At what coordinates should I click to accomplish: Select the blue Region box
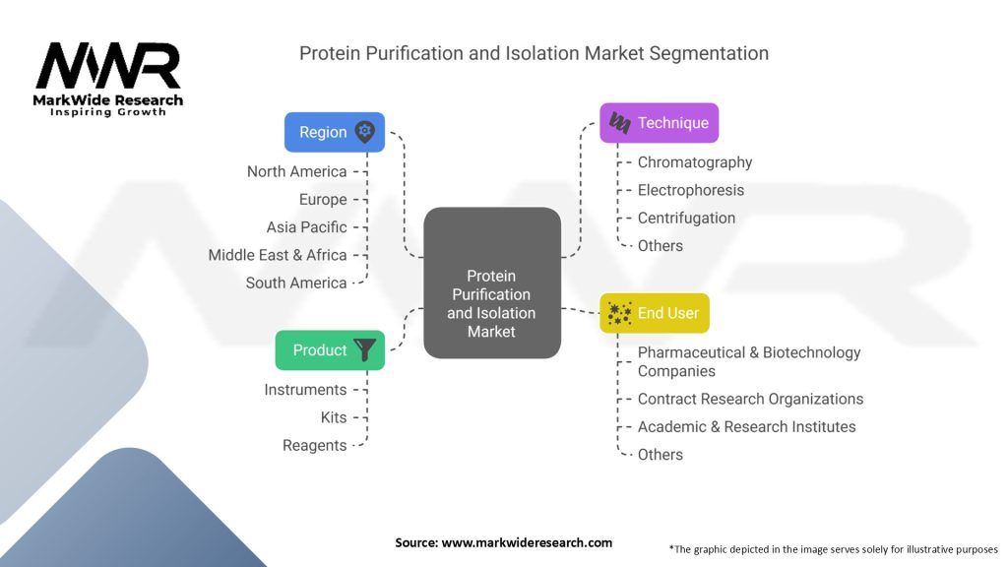(x=334, y=132)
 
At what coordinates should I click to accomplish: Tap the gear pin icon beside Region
(x=365, y=131)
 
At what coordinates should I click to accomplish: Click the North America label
(x=296, y=171)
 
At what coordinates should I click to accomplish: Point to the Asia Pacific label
(x=306, y=227)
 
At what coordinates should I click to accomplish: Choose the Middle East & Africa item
(x=278, y=255)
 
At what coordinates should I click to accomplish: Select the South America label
(x=296, y=283)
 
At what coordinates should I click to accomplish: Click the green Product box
(x=330, y=349)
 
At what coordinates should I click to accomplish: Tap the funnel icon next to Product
(x=365, y=349)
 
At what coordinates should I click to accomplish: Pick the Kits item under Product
(x=334, y=417)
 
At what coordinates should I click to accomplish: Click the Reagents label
(x=314, y=445)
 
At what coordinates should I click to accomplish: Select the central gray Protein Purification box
(x=491, y=283)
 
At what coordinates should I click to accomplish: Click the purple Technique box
(x=659, y=123)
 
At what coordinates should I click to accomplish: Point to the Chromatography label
(x=694, y=162)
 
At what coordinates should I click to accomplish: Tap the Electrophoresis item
(x=690, y=190)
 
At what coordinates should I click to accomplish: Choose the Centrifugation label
(x=686, y=218)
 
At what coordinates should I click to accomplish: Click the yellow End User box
(x=655, y=313)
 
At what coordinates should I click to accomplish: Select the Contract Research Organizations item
(x=750, y=399)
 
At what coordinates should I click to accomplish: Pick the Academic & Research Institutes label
(x=746, y=426)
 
